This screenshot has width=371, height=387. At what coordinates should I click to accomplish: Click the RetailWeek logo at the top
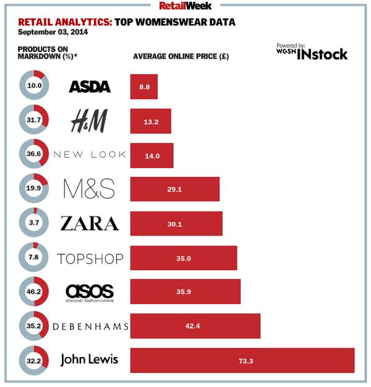(x=185, y=6)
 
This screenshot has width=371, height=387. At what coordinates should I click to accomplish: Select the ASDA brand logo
(x=90, y=87)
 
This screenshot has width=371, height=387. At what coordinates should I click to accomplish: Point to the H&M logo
(x=89, y=121)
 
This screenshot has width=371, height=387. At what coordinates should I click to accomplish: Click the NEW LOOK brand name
(x=90, y=155)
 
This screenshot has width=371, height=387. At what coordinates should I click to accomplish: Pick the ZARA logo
(x=90, y=223)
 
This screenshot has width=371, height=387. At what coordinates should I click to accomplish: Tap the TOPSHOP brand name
(x=90, y=258)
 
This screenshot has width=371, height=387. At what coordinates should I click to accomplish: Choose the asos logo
(x=90, y=292)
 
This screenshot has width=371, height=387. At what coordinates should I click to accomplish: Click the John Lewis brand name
(x=89, y=360)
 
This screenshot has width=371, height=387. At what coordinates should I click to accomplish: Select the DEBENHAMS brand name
(x=90, y=326)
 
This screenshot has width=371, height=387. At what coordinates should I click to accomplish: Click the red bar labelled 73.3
(x=242, y=360)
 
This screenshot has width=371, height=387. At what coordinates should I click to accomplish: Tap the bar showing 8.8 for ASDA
(x=144, y=87)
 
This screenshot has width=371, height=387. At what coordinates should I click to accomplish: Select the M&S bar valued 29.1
(x=175, y=189)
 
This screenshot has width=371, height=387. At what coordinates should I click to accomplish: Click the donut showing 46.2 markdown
(x=33, y=292)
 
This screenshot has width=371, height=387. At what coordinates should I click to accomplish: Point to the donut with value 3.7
(x=33, y=223)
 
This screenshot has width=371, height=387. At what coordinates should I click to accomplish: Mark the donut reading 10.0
(x=33, y=87)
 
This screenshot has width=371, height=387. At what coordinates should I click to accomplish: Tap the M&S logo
(x=90, y=189)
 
